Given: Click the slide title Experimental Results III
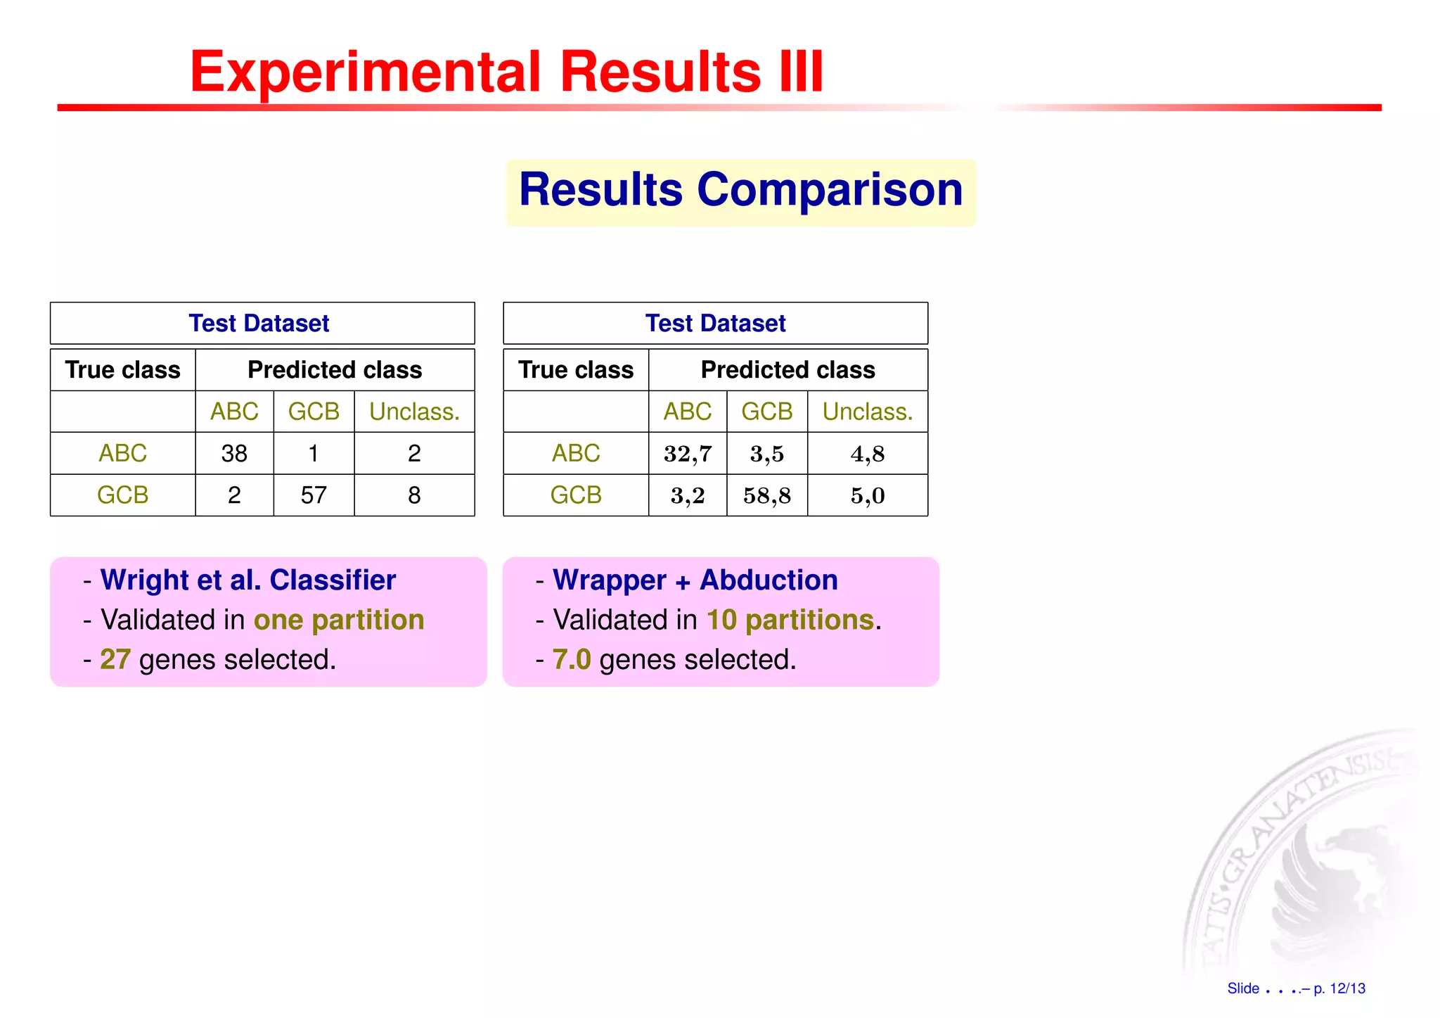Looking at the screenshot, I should (x=506, y=72).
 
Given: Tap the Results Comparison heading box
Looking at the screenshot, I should (x=740, y=191).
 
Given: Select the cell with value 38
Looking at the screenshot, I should (x=234, y=454).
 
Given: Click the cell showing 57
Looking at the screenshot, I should (x=314, y=495).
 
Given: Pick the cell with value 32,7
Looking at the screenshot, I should (x=688, y=454).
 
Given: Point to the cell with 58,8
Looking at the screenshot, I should (x=767, y=495).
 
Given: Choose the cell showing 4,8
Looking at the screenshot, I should (x=868, y=454).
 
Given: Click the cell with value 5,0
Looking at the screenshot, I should (x=868, y=495).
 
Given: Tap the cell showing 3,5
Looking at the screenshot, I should (x=767, y=454).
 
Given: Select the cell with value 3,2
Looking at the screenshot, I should (x=688, y=495).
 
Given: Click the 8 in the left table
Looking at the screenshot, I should (x=414, y=495).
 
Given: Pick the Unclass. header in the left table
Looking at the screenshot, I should (x=414, y=412).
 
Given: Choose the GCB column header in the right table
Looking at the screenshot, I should (x=767, y=412).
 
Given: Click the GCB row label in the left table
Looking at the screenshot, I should (x=123, y=495).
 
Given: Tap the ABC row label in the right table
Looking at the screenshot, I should (x=576, y=454).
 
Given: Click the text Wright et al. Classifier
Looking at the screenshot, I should (x=248, y=580).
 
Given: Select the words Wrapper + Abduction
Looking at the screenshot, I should (x=695, y=580).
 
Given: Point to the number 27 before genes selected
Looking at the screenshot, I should (x=115, y=660).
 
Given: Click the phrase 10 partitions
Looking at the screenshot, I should (x=790, y=621).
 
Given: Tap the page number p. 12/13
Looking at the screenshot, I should (x=1339, y=988).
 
